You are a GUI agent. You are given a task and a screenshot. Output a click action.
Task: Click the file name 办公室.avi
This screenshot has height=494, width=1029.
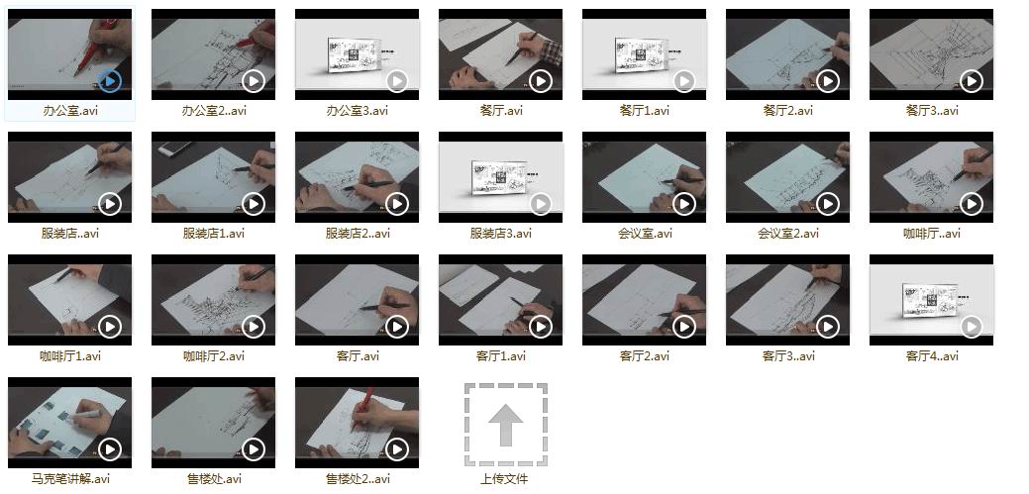point(70,110)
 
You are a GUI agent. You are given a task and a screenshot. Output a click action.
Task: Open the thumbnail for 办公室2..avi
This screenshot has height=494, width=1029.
point(213,53)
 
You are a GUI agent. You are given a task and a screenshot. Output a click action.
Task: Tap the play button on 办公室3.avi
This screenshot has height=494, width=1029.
point(397,81)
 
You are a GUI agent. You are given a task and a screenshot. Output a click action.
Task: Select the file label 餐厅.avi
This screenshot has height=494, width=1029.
point(501,110)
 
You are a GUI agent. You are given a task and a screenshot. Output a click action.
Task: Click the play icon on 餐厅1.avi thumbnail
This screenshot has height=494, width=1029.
point(684,81)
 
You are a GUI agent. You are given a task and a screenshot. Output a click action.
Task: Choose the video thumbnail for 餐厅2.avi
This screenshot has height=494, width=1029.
point(787,53)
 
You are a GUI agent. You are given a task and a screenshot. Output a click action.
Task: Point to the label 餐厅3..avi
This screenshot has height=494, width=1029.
point(932,110)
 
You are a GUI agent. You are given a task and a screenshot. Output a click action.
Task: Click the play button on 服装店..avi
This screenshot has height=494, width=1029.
point(110,204)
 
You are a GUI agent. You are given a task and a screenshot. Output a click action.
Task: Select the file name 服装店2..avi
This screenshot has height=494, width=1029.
point(358,233)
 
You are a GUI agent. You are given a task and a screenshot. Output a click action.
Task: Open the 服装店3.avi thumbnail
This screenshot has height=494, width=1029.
point(501,177)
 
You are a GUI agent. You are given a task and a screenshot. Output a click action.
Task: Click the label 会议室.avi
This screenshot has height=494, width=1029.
point(645,233)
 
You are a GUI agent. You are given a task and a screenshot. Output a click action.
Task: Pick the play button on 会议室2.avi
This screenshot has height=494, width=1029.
point(828,204)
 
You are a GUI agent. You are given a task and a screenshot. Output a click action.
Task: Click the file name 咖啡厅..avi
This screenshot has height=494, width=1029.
point(932,233)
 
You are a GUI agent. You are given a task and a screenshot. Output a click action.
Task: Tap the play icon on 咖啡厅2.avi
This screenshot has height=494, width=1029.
point(254,327)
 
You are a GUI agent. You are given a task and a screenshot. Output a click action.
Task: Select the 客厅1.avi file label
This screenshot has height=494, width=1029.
point(501,356)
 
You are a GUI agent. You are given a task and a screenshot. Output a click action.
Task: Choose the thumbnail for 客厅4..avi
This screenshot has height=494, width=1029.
point(931,300)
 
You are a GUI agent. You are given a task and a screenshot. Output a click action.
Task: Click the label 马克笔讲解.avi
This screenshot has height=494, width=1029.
point(70,479)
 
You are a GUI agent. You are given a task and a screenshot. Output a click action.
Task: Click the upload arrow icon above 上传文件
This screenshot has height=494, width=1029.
point(506,425)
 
